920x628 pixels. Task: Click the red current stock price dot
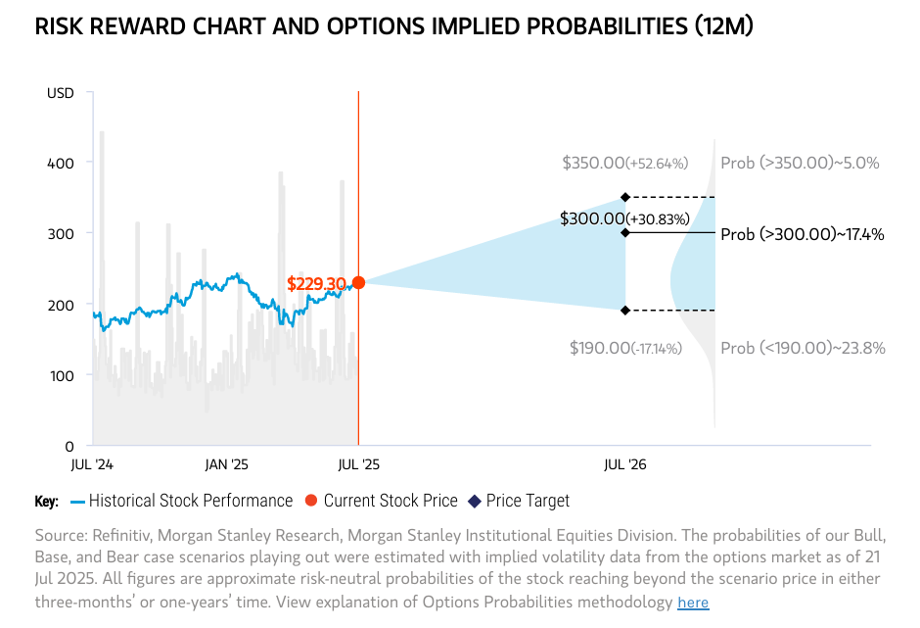(x=358, y=282)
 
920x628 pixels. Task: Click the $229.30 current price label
(x=316, y=284)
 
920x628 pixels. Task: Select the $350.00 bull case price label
(x=625, y=163)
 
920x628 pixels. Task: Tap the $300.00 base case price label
(x=625, y=218)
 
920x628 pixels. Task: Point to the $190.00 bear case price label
(x=624, y=348)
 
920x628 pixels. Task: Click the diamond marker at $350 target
(x=625, y=197)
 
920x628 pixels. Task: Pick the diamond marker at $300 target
(x=625, y=232)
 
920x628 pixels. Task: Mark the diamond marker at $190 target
(x=625, y=310)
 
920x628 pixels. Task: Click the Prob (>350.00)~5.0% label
(x=800, y=163)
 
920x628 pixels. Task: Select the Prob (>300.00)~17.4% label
(x=803, y=234)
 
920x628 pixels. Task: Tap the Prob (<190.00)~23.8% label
(x=803, y=348)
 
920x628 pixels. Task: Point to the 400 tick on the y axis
(x=62, y=162)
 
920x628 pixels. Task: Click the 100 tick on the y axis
(x=62, y=375)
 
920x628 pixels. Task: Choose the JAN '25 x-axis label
(x=226, y=463)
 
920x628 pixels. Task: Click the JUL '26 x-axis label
(x=624, y=463)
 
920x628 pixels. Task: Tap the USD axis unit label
(x=60, y=93)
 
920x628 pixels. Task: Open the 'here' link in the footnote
(x=693, y=603)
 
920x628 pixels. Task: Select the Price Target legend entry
(x=528, y=501)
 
